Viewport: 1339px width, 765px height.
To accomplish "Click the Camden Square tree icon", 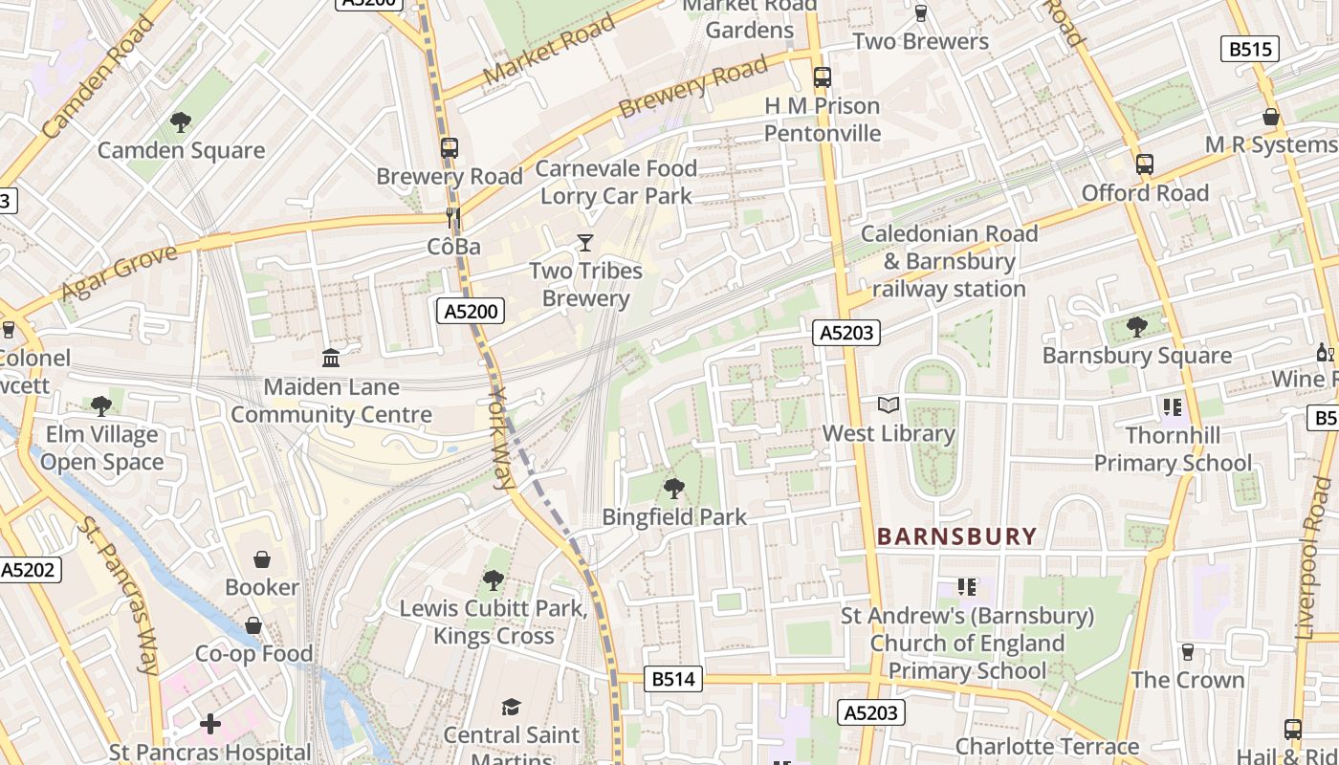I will tap(180, 121).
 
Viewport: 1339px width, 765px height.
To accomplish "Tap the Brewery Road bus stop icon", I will tap(449, 148).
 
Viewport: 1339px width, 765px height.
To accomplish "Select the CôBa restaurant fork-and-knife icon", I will tap(453, 219).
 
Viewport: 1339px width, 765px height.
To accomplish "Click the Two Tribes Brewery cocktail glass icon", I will tap(585, 243).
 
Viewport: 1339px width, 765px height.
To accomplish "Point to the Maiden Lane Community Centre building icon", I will tap(331, 359).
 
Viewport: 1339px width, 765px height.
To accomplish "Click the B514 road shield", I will tap(673, 679).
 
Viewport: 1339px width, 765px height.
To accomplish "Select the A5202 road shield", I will tap(28, 570).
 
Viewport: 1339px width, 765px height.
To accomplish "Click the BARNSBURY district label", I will tap(956, 536).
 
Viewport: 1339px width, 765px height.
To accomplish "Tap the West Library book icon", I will tap(889, 405).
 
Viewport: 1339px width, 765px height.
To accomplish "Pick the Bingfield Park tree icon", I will tap(673, 489).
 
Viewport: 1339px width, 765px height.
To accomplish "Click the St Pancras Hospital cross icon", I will tap(210, 724).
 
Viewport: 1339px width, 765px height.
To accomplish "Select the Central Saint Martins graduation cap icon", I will tap(512, 707).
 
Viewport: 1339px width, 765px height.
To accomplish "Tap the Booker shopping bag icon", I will tap(262, 558).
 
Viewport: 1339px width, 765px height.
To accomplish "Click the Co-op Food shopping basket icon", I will tap(253, 625).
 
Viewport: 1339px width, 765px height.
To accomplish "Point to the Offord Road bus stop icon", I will tap(1145, 164).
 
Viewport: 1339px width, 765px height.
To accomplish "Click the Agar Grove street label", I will tap(120, 273).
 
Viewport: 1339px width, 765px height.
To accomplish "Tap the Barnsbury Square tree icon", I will tap(1136, 327).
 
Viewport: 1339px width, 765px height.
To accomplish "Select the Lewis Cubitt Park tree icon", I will tap(493, 579).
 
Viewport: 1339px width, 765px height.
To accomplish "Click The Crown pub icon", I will tap(1188, 652).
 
